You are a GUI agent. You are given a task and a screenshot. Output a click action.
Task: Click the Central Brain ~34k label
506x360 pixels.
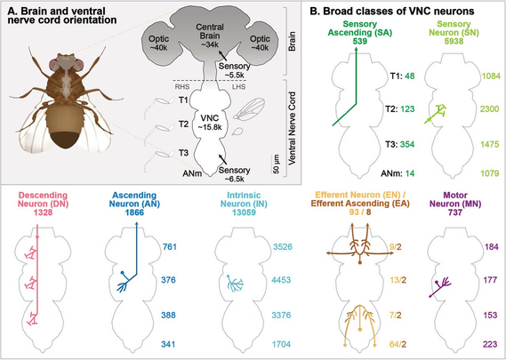[x=210, y=36]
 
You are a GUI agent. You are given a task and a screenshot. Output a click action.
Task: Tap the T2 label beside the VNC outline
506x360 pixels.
[x=183, y=124]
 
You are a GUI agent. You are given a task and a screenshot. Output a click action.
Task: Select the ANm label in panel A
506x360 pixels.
[x=192, y=173]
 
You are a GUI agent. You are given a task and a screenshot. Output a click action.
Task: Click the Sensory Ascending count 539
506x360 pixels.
[x=360, y=41]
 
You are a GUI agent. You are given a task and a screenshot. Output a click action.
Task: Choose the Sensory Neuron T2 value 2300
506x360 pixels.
[x=489, y=109]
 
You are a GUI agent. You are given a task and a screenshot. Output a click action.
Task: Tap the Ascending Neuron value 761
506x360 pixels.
[x=168, y=247]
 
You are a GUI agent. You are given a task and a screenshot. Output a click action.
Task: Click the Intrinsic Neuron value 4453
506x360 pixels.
[x=281, y=279]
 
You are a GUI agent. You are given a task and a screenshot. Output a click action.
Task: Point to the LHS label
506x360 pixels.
[x=239, y=86]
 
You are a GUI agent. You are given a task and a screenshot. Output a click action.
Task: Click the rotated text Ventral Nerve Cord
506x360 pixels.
[x=292, y=128]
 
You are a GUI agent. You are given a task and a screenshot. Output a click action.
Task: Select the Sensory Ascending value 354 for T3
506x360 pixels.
[x=407, y=144]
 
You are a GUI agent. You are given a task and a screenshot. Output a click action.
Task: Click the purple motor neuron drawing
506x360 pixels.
[x=439, y=286]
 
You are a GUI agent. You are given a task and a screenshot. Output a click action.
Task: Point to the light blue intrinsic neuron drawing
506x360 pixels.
[x=235, y=284]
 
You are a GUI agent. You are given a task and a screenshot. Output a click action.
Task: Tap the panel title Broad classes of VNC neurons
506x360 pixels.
[x=391, y=12]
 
